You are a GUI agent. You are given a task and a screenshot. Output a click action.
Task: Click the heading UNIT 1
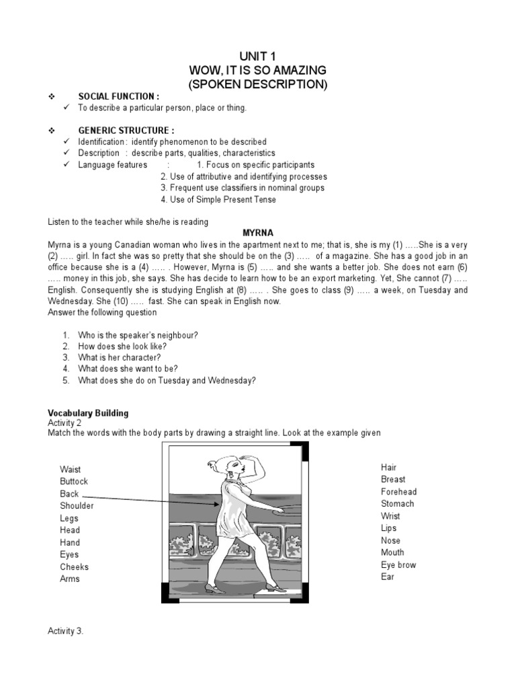[x=257, y=56]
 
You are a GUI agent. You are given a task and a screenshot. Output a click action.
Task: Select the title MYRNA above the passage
[x=258, y=233]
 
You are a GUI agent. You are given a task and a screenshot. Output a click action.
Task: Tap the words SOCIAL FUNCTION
[x=119, y=96]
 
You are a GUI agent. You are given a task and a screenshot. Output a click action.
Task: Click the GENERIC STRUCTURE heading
[x=126, y=131]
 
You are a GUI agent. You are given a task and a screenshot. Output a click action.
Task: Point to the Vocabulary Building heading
[x=88, y=412]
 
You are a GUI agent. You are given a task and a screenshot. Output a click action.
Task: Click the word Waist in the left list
[x=70, y=469]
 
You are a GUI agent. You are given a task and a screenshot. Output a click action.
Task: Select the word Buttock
[x=74, y=481]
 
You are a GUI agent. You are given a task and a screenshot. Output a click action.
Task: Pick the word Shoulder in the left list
[x=77, y=505]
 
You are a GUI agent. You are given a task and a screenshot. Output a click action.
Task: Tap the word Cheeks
[x=74, y=567]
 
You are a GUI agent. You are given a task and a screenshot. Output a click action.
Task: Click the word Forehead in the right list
[x=398, y=491]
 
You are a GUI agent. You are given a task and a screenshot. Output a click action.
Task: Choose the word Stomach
[x=397, y=503]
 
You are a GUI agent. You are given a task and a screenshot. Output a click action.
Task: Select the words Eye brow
[x=398, y=565]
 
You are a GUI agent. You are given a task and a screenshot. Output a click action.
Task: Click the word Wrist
[x=390, y=515]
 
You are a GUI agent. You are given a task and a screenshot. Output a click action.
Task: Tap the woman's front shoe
[x=276, y=587]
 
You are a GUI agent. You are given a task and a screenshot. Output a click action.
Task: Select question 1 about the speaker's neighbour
[x=138, y=334]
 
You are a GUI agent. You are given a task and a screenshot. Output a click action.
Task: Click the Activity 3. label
[x=65, y=630]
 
